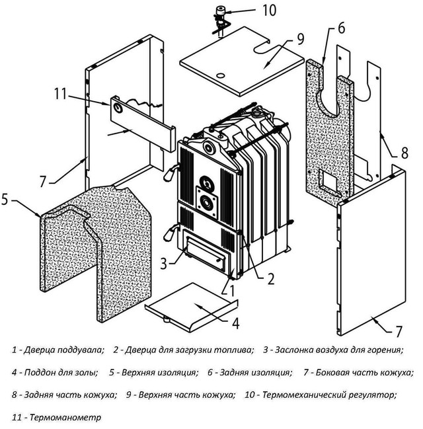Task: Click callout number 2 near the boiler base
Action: click(270, 278)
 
